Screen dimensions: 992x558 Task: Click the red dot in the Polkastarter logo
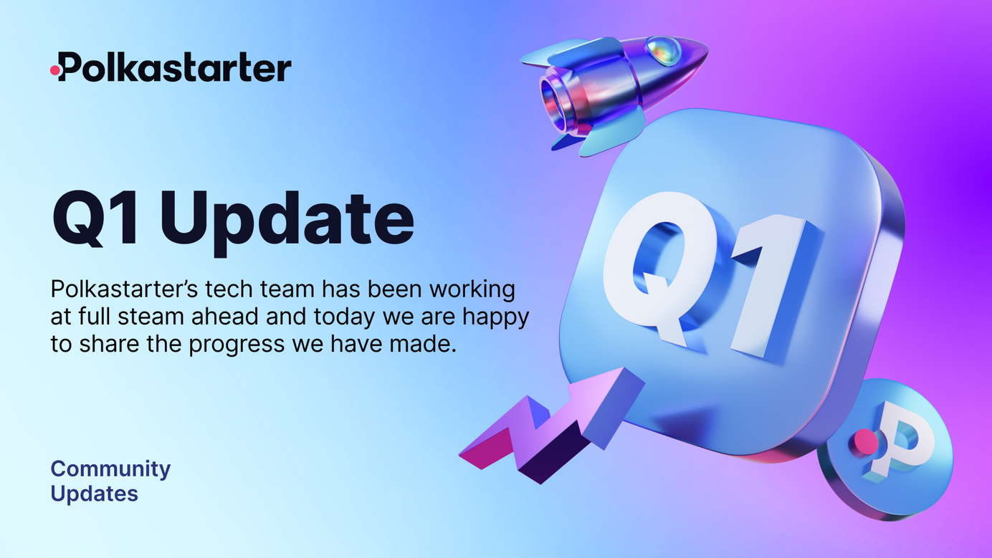click(x=55, y=70)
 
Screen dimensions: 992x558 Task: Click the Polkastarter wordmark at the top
click(x=171, y=67)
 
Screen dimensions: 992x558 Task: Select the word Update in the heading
click(x=287, y=221)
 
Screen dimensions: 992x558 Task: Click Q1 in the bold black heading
click(x=95, y=218)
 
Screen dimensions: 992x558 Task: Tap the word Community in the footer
click(x=110, y=469)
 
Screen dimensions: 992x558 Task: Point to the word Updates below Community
click(x=95, y=494)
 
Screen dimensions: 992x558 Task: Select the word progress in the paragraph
click(x=237, y=345)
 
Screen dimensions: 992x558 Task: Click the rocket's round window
click(x=663, y=50)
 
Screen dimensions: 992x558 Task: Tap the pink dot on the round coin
click(x=867, y=442)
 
